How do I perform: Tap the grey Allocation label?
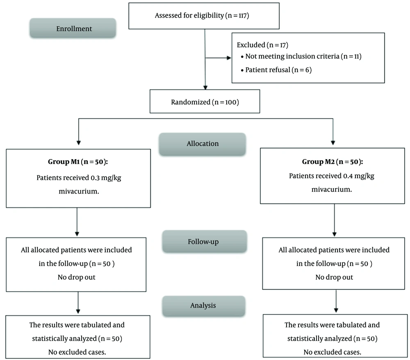[203, 144]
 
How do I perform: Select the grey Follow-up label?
[205, 242]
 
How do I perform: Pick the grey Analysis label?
[204, 306]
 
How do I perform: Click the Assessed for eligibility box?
[204, 16]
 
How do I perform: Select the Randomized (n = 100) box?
[205, 101]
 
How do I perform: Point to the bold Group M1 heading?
[78, 162]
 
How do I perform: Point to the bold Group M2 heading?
[333, 162]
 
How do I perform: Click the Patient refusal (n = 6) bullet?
[276, 70]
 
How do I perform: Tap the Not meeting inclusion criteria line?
[301, 56]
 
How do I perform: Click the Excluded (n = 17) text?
[262, 45]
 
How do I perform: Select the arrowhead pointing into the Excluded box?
[229, 58]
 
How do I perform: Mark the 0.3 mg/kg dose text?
[106, 178]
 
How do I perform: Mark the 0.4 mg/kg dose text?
[359, 176]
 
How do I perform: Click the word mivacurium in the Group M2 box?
[332, 189]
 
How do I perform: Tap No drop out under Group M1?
[77, 277]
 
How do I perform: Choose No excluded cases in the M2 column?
[333, 352]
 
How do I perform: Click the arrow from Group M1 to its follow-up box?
[77, 222]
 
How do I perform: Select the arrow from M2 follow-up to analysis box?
[336, 301]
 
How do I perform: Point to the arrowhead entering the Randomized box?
[205, 88]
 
